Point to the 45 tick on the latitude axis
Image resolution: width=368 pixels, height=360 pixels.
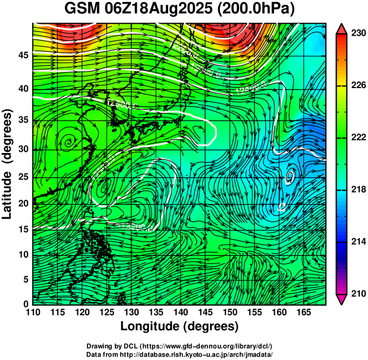coord(23,55)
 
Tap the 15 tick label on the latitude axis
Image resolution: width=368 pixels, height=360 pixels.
coord(23,228)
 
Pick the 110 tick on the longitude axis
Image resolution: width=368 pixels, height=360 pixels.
coord(33,312)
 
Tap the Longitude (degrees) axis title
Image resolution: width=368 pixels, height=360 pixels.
coord(180,326)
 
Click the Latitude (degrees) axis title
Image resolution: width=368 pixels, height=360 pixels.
coord(8,164)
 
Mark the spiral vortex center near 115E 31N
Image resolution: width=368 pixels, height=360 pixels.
coord(70,142)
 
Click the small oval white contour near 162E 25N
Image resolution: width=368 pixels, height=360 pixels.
coord(290,176)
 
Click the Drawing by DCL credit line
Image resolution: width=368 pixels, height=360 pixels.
coord(180,346)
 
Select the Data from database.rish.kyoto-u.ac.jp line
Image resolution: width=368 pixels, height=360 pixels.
coord(180,353)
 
